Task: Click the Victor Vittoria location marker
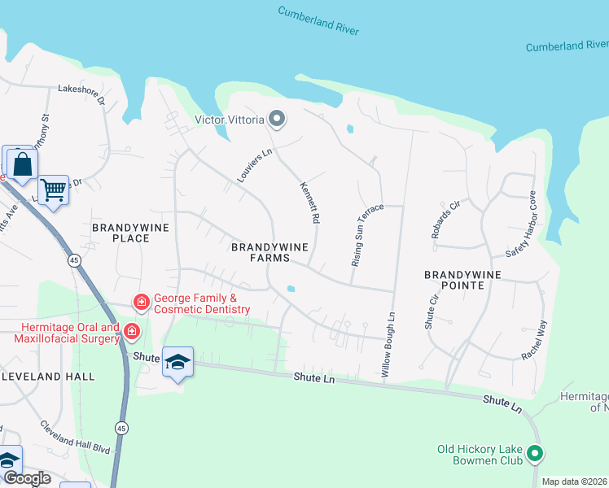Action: coord(277,120)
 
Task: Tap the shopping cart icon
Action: coord(53,190)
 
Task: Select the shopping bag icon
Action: coord(23,163)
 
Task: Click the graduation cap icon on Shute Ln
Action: coord(177,361)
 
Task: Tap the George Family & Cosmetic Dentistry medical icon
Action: coord(142,303)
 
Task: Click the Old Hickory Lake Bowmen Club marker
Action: coord(535,453)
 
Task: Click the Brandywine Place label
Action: coord(131,233)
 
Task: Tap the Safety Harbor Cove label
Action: coord(520,224)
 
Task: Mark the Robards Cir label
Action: coord(445,220)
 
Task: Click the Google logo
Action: coord(26,478)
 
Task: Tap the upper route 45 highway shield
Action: coord(74,260)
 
